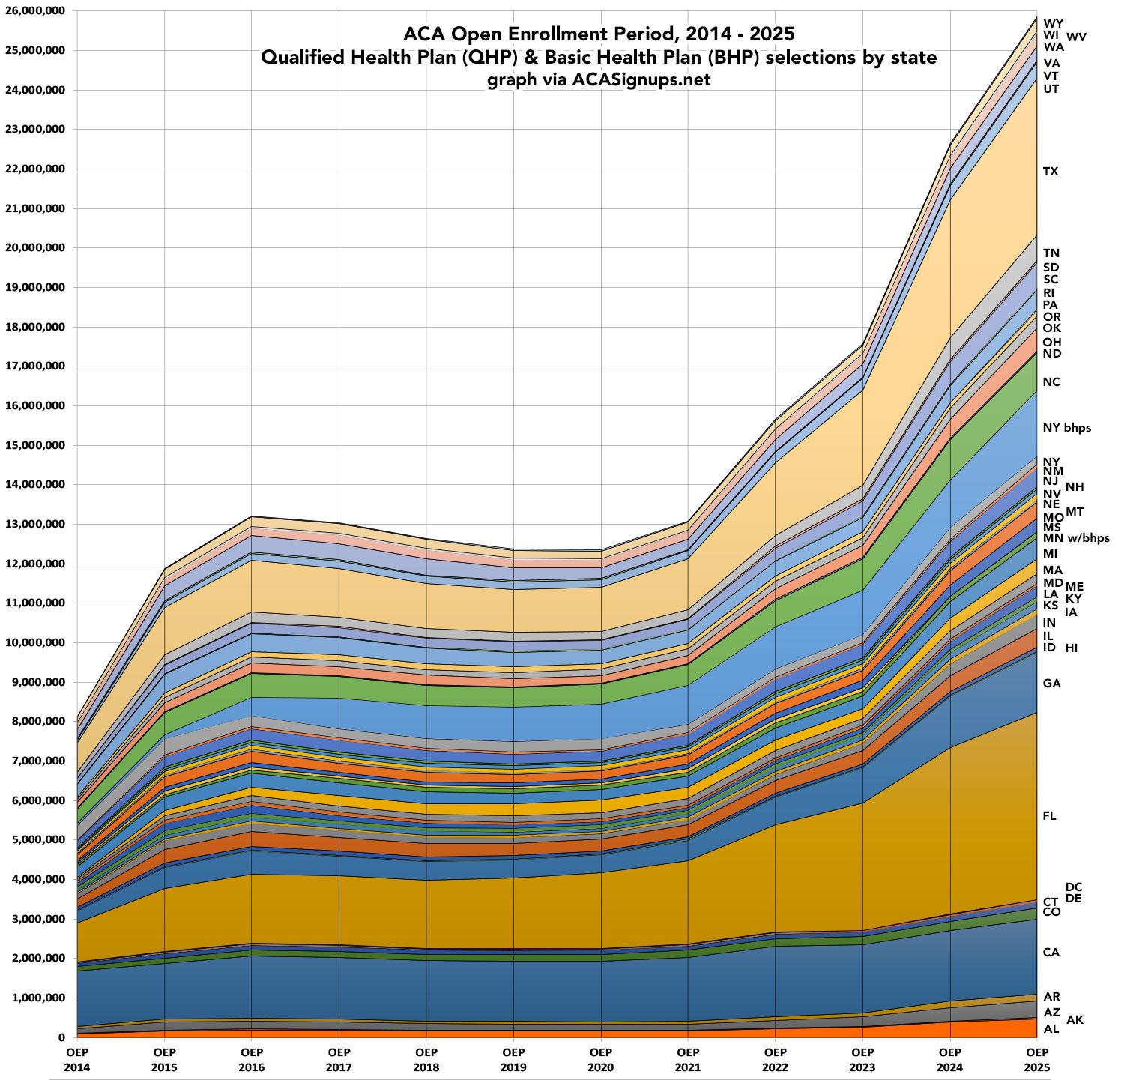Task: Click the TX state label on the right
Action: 1051,172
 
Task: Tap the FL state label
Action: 1049,816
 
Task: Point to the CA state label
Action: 1051,953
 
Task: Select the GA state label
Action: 1051,684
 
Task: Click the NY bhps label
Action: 1066,428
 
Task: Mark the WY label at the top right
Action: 1052,23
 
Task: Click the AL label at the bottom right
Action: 1051,1029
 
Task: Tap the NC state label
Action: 1051,382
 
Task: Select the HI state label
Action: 1072,648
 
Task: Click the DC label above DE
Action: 1073,887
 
